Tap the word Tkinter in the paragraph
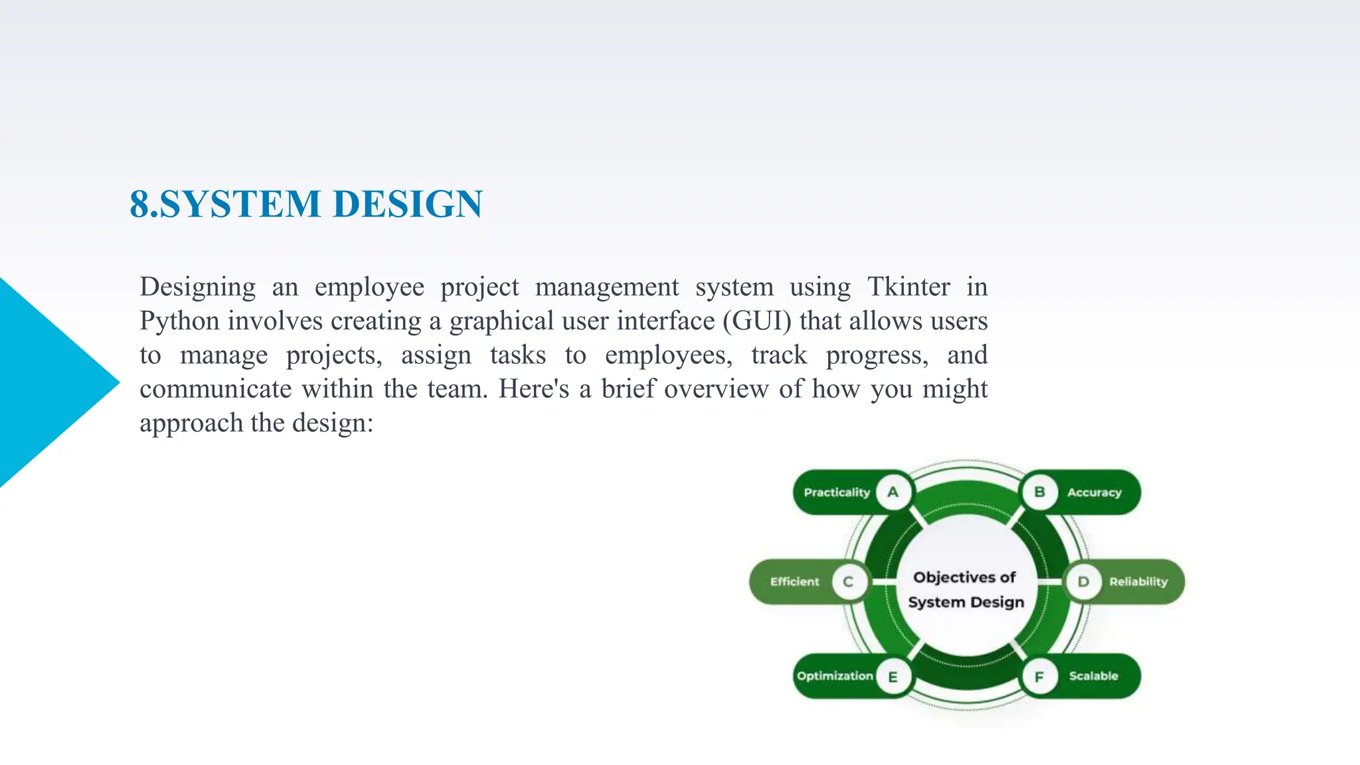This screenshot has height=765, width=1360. pos(908,287)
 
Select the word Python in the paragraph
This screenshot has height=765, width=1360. pos(179,321)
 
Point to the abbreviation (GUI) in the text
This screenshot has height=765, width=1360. pos(757,321)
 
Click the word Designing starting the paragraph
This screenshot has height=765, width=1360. pos(197,288)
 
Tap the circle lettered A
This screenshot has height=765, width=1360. pos(893,492)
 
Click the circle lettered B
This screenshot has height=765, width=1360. pos(1039,492)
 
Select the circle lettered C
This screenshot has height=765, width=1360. pos(848,582)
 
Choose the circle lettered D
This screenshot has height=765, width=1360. pos(1083,582)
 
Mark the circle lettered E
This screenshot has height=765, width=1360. pos(893,677)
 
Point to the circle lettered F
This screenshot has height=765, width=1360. pos(1039,677)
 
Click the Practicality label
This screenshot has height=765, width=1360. pos(836,492)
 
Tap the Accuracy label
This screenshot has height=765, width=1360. pos(1094,493)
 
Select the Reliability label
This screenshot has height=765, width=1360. pos(1138,582)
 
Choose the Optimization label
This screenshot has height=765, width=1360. pos(835,676)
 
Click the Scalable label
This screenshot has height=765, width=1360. pos(1093,676)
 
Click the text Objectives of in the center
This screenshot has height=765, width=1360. pos(964,577)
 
